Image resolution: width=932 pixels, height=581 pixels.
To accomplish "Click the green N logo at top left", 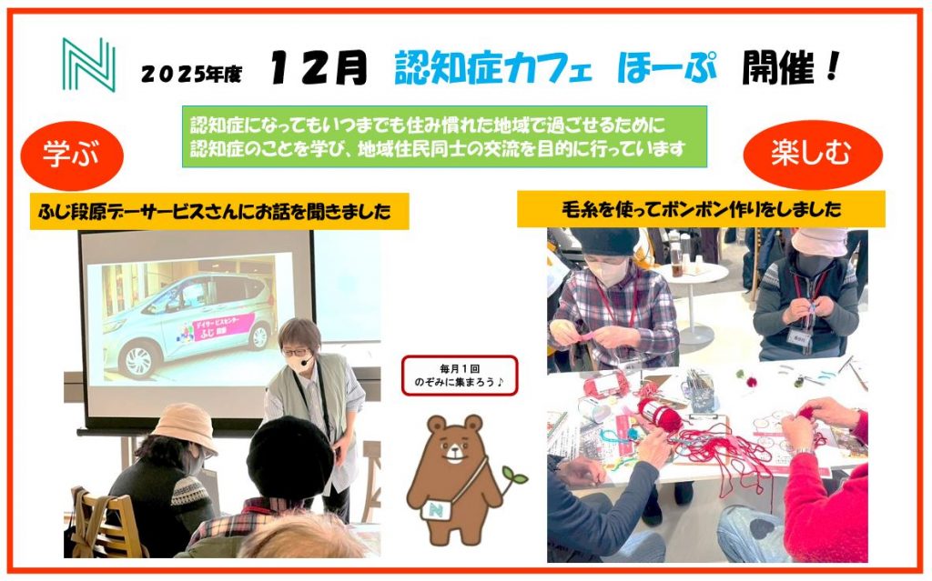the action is pos(88,65).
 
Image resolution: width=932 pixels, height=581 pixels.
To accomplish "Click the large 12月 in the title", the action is pos(319,67).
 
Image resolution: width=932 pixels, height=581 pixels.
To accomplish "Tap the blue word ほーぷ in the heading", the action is pos(667,66).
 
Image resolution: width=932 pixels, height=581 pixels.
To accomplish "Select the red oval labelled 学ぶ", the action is pos(72,155).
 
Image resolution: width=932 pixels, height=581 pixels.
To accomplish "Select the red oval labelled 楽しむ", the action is pos(813,155).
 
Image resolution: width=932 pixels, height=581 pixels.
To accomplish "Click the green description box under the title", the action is pos(444,136).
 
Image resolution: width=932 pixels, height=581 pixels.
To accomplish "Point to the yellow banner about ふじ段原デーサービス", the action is pos(219,211).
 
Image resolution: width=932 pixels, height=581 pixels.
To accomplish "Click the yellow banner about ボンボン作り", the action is pos(701,208).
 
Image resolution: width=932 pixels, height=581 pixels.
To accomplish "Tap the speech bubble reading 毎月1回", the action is pos(460,376).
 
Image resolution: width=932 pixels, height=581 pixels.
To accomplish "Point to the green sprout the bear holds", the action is pos(513,477).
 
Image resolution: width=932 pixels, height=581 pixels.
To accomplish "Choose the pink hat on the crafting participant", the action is pos(819,241).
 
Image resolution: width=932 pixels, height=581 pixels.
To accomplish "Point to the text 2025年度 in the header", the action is pos(191,74).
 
